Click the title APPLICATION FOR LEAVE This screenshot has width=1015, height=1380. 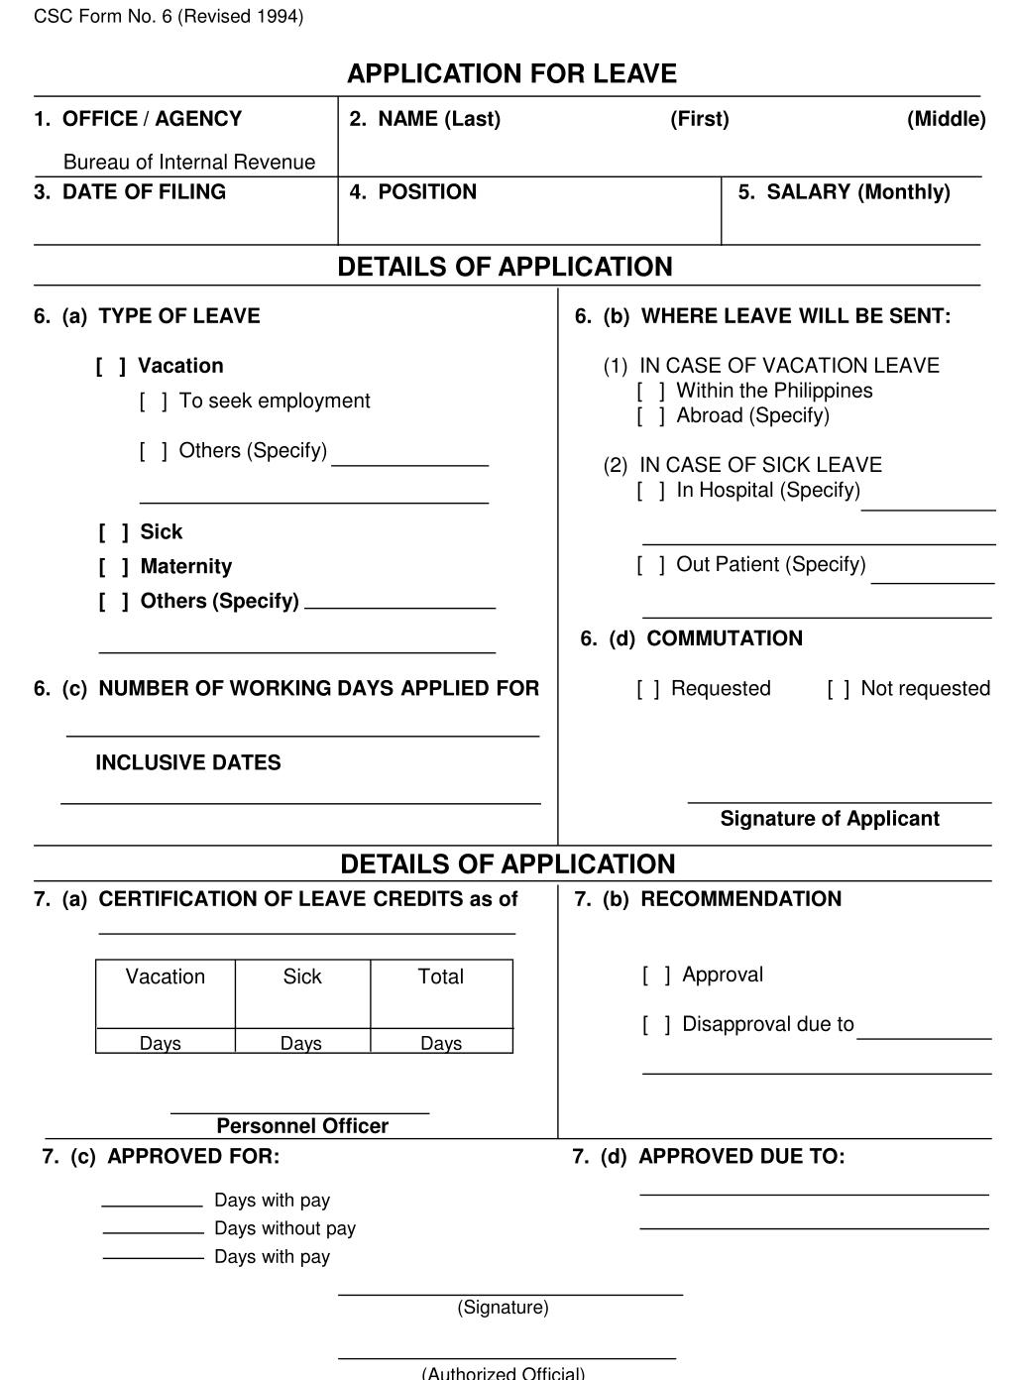[511, 74]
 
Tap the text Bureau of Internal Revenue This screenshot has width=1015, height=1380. [188, 162]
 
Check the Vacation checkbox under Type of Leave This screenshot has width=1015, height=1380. [111, 366]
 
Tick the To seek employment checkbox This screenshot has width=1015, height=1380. [154, 402]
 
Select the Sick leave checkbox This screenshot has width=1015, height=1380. [113, 532]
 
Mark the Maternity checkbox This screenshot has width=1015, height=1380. [113, 567]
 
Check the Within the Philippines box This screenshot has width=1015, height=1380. [651, 392]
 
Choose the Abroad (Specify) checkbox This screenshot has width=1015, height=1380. [651, 416]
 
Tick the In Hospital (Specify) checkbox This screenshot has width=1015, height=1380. [651, 491]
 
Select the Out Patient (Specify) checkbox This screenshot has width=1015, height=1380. [651, 565]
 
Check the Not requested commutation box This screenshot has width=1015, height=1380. [839, 689]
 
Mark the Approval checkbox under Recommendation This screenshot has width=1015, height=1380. [656, 976]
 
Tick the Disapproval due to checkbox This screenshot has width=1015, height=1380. [656, 1025]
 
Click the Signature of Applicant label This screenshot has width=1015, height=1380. [830, 819]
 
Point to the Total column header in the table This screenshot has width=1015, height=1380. [441, 977]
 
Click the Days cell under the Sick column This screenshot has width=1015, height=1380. [301, 1043]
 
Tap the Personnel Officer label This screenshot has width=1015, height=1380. [302, 1126]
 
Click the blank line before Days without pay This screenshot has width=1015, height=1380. [154, 1230]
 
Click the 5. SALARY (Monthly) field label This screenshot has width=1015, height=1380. [844, 192]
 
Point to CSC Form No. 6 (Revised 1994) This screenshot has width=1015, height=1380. [169, 17]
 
